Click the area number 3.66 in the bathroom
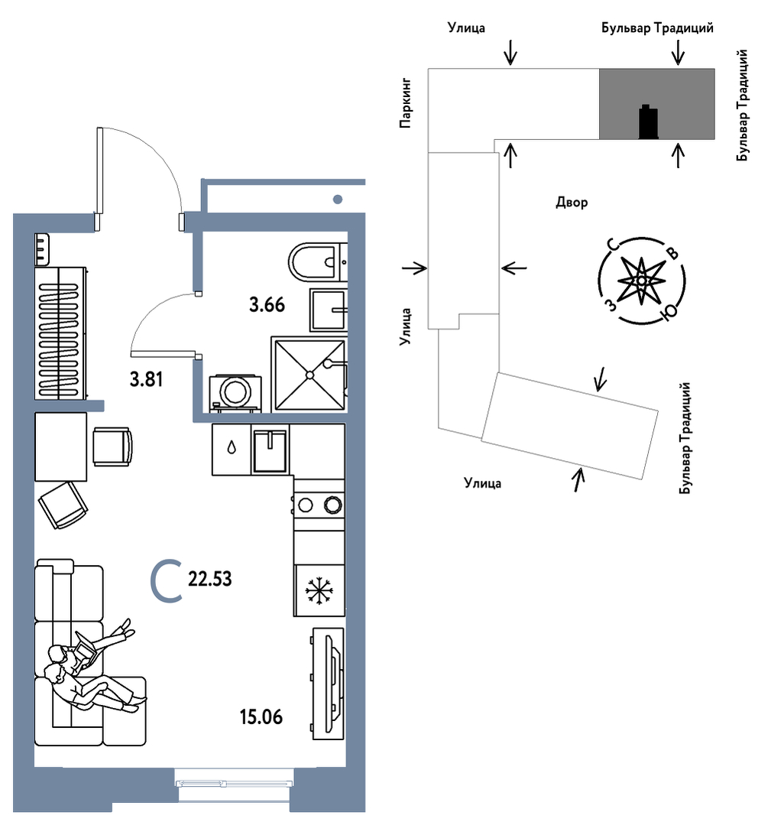(x=267, y=305)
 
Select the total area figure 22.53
(x=209, y=580)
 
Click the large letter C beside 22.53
(x=166, y=580)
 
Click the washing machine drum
(x=234, y=391)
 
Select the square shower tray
(x=309, y=375)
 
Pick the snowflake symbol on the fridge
(x=319, y=591)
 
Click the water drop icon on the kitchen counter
(x=232, y=449)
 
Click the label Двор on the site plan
(x=572, y=203)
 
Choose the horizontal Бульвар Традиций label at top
(x=657, y=28)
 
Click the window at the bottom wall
(x=234, y=782)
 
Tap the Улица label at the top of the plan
(x=467, y=28)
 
